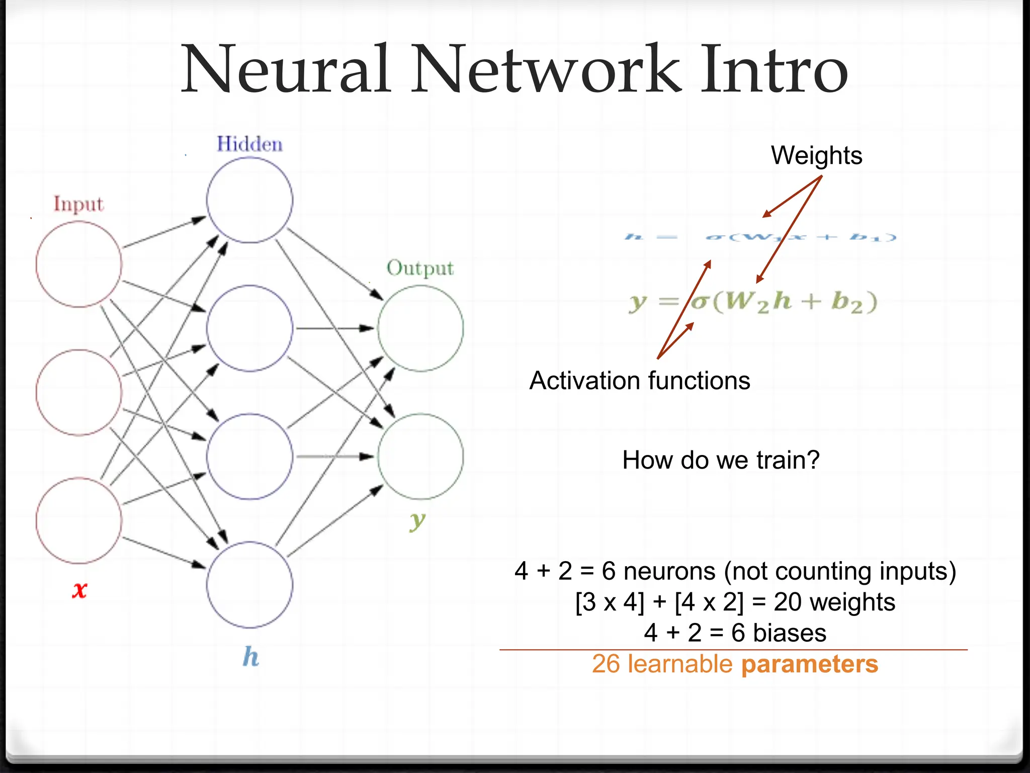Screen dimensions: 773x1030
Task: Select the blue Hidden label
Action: click(249, 144)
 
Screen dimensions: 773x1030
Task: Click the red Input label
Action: click(78, 204)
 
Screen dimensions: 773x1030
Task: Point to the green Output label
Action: click(420, 268)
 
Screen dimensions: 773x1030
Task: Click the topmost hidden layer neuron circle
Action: click(249, 200)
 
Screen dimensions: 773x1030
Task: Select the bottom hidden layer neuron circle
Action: click(249, 584)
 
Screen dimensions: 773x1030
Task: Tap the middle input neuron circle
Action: click(79, 392)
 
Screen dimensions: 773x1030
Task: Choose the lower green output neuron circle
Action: click(420, 456)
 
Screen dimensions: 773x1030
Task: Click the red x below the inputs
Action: click(79, 589)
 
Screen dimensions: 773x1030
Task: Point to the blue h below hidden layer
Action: click(250, 657)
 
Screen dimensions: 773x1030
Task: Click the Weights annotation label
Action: click(816, 156)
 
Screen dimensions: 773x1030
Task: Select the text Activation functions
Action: click(639, 380)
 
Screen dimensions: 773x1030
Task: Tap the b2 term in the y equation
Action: click(847, 302)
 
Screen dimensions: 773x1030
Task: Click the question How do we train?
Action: click(721, 460)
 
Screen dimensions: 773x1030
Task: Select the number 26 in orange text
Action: click(606, 664)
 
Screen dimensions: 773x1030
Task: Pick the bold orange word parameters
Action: click(809, 664)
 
